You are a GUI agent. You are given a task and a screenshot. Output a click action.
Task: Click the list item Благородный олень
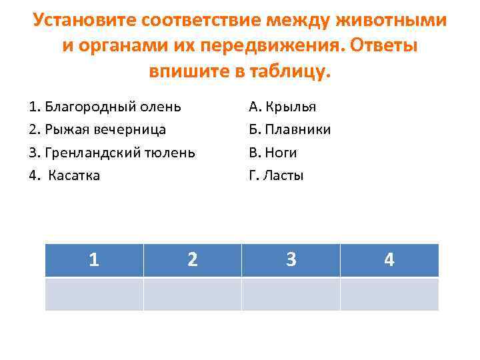click(x=105, y=106)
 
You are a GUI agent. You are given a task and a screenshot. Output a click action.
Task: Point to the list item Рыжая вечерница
click(x=97, y=129)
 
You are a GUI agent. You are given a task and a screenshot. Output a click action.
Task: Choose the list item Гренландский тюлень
click(x=112, y=153)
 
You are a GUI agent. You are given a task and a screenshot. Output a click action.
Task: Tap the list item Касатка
click(x=65, y=176)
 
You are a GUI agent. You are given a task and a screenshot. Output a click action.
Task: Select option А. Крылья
click(x=282, y=106)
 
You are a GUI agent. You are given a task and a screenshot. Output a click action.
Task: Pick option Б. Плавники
click(x=289, y=129)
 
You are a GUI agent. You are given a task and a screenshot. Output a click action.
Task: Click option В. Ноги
click(x=273, y=153)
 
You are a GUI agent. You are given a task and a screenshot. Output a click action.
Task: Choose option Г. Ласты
click(x=276, y=176)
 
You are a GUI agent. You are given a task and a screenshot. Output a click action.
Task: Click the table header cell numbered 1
click(x=94, y=260)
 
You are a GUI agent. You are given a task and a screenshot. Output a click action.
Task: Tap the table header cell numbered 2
click(x=192, y=260)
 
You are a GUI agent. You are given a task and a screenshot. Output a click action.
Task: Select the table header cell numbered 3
click(x=291, y=260)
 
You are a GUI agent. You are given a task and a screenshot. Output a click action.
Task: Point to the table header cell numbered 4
click(x=389, y=260)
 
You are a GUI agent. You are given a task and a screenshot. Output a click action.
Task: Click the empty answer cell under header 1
click(x=94, y=294)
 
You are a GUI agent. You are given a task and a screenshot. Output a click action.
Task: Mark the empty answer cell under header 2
click(x=192, y=294)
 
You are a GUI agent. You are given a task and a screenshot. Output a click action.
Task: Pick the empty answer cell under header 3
click(x=291, y=294)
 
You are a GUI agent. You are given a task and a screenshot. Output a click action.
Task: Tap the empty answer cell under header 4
click(x=389, y=294)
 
